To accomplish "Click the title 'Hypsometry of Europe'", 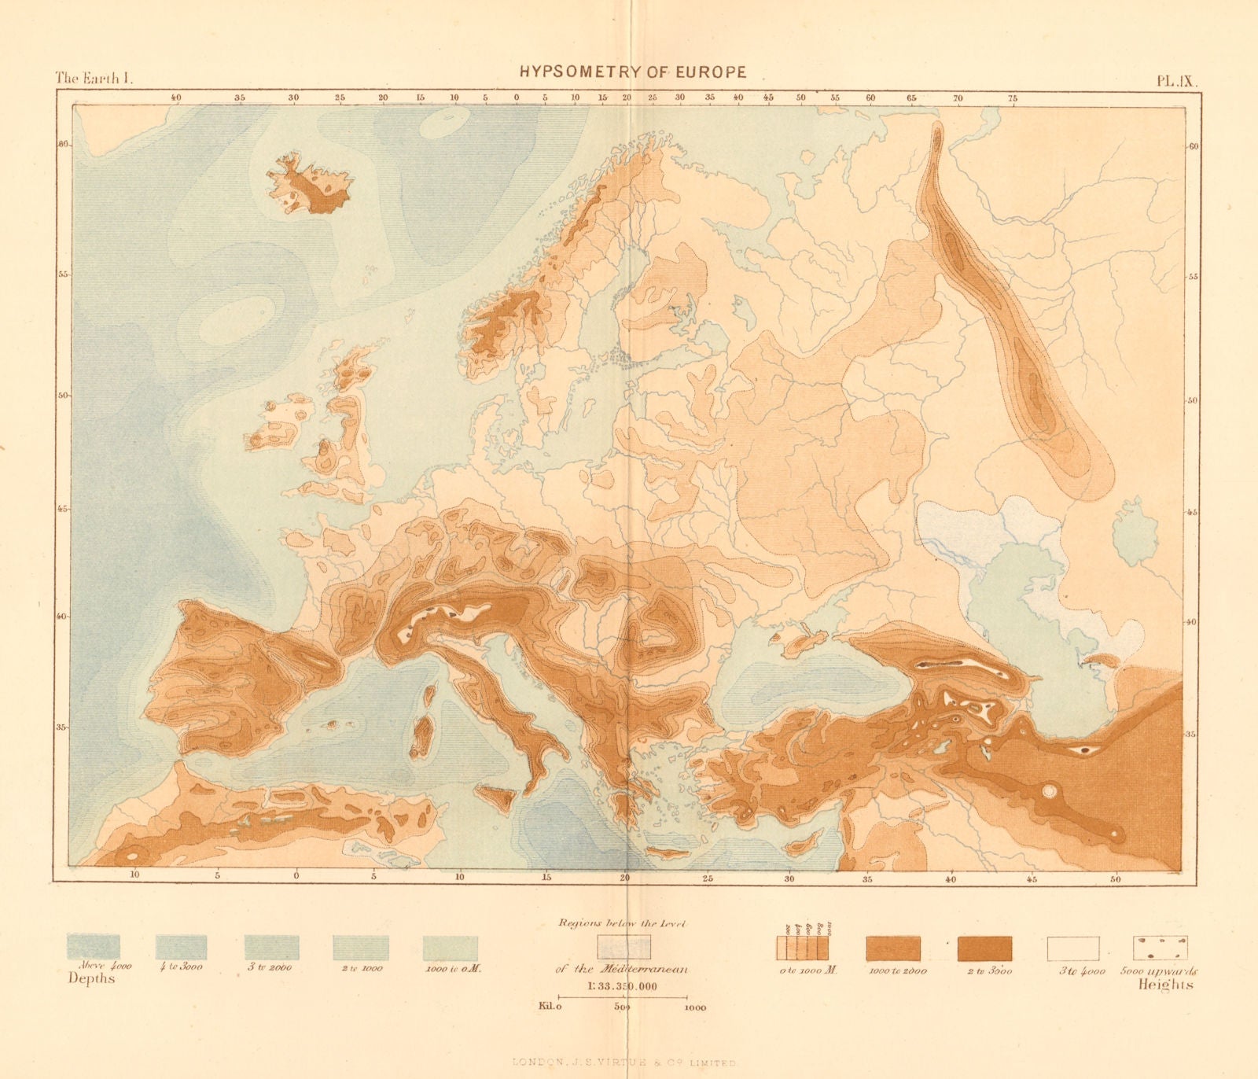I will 633,72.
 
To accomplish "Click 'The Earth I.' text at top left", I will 96,78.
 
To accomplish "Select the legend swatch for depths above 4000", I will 94,947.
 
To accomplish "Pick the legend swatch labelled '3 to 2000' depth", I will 271,947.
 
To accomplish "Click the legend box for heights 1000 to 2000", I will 893,948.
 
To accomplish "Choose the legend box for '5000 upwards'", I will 1160,948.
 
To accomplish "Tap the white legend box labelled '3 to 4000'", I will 1072,948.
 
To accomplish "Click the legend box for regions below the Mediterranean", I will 623,946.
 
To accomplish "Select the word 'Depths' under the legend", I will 91,979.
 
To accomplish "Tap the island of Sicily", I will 496,797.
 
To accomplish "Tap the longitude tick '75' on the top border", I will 1013,98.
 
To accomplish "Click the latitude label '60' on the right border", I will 1193,147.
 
